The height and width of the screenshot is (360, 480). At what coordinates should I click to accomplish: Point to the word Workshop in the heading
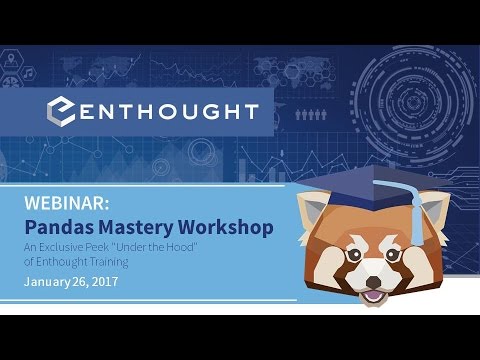click(x=227, y=227)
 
